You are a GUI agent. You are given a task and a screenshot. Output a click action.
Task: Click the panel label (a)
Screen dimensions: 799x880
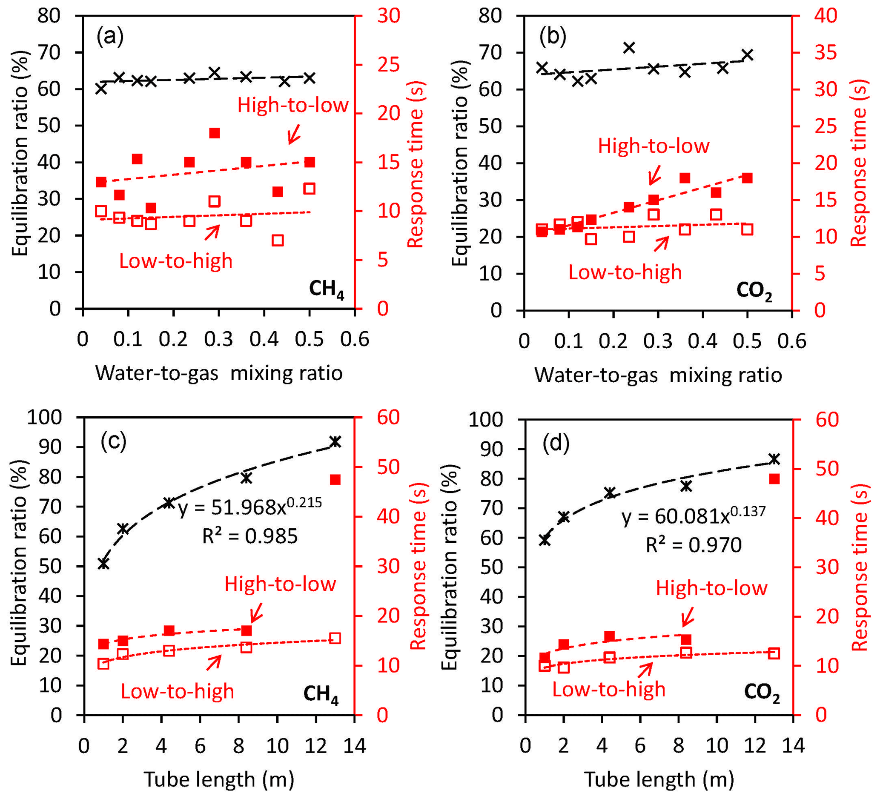[x=110, y=36]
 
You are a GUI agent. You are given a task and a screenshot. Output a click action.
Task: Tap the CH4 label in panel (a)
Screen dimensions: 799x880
[x=327, y=290]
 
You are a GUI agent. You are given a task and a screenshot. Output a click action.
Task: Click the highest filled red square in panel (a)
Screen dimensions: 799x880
[x=214, y=133]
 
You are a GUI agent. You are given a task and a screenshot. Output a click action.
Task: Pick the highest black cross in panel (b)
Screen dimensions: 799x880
[x=628, y=47]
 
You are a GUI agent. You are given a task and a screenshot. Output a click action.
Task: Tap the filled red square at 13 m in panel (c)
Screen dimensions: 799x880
[x=335, y=480]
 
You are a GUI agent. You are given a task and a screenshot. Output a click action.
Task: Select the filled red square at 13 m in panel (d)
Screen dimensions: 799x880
[x=774, y=479]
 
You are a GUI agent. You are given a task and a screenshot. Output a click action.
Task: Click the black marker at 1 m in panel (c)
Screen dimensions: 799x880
[x=103, y=563]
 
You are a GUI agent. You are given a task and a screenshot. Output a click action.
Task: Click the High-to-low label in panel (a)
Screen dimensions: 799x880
[x=293, y=105]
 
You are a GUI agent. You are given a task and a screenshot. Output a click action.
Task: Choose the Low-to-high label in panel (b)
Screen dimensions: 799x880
[x=625, y=272]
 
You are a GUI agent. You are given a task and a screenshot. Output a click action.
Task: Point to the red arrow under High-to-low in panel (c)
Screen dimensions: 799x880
[x=256, y=612]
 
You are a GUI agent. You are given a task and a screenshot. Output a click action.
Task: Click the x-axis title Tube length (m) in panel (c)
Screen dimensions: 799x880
[x=219, y=779]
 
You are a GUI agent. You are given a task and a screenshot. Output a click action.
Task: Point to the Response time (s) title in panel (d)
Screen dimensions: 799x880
[x=859, y=568]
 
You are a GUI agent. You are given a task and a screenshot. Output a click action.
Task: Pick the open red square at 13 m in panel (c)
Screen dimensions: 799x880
[x=335, y=639]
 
